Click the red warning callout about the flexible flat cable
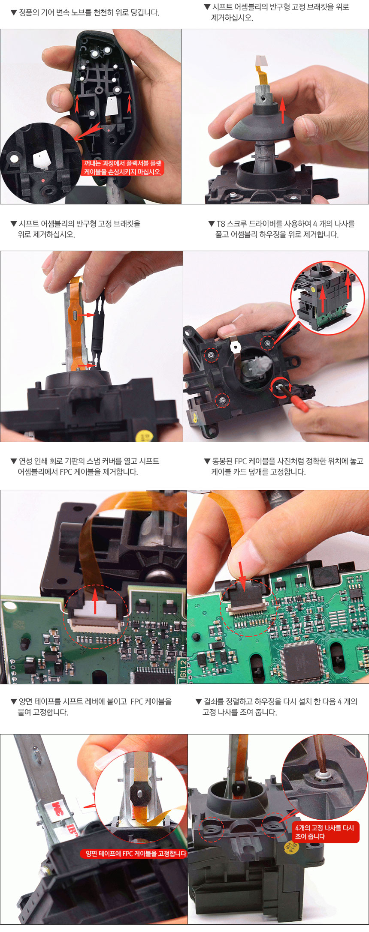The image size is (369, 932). (123, 168)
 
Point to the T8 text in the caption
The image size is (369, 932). (221, 224)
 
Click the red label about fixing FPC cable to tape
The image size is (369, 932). (134, 854)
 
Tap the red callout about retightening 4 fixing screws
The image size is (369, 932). (325, 832)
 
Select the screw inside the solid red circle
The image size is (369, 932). (279, 387)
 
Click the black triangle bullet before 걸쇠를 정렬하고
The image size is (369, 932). (198, 701)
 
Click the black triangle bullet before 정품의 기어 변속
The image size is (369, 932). (13, 13)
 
